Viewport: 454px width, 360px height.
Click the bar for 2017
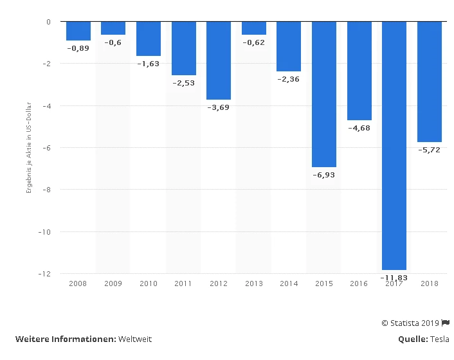394,145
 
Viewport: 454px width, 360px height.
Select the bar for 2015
324,94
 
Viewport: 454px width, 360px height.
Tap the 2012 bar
218,60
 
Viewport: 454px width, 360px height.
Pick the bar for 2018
429,82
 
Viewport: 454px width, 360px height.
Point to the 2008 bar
78,31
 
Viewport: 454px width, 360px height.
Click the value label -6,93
324,175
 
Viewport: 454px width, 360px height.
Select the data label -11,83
394,277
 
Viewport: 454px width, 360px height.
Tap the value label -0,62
253,42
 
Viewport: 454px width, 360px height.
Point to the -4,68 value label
359,128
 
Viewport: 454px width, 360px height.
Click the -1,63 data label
148,64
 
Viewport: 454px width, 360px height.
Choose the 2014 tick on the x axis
288,283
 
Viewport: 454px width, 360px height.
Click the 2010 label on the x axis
148,283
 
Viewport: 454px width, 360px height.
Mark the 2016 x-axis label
359,283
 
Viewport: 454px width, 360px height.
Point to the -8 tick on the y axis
47,190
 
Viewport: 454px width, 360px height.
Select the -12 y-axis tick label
45,274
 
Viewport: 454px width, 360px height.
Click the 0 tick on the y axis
48,22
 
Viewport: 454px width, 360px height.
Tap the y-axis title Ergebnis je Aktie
29,147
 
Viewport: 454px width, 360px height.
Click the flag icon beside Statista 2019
446,323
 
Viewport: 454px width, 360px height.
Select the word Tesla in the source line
440,339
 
